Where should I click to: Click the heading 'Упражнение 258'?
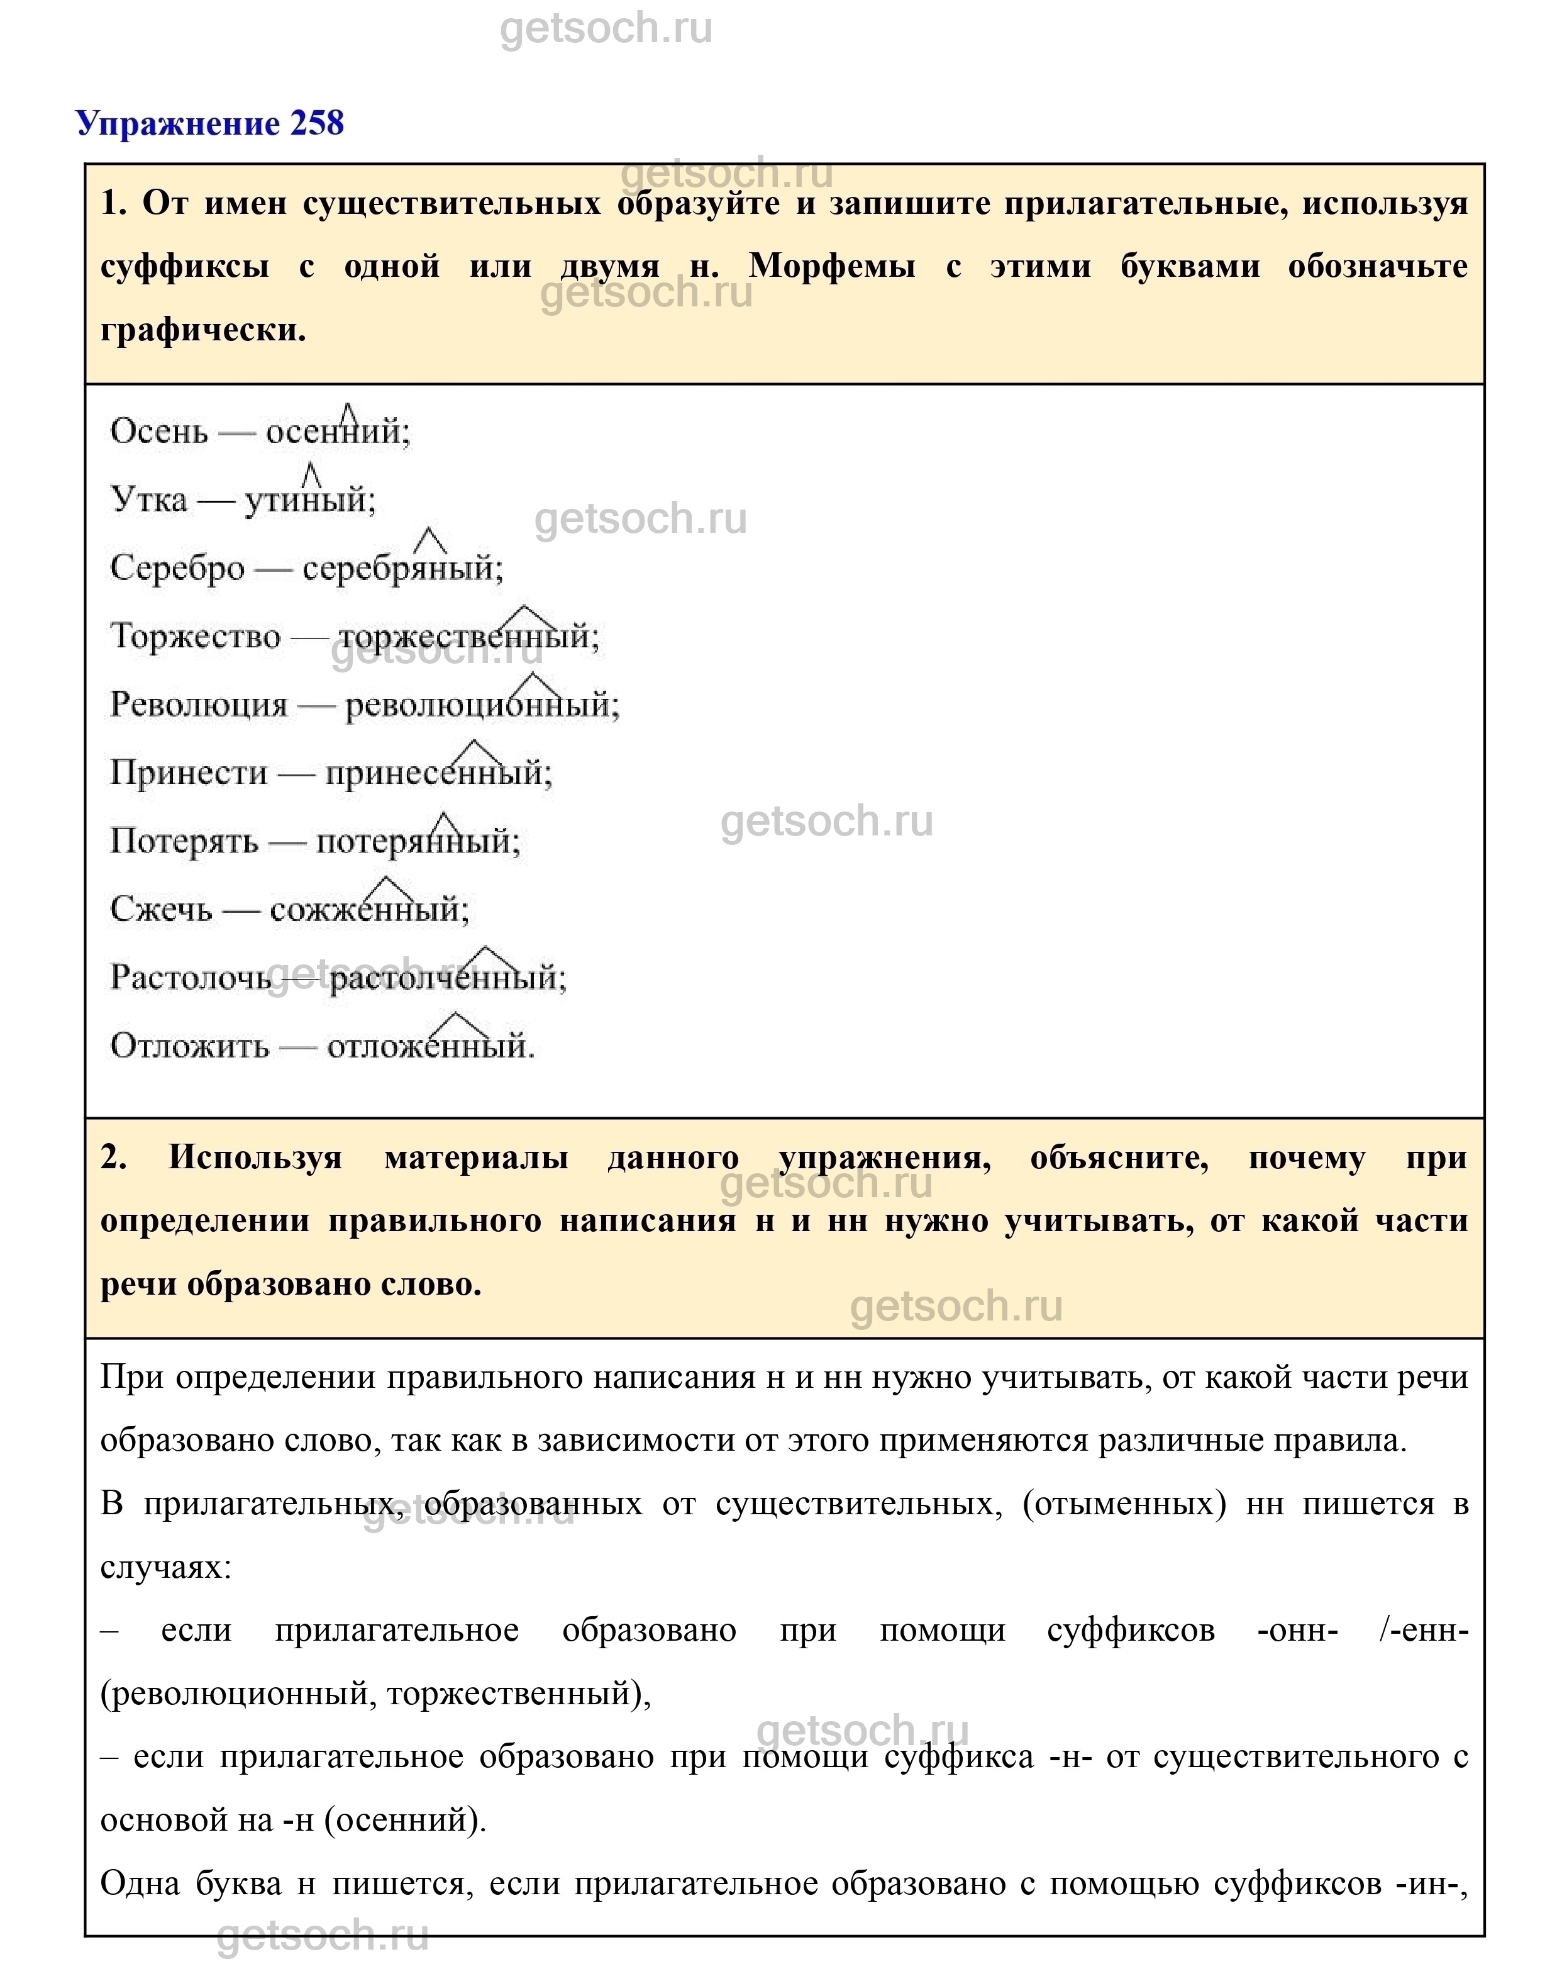point(209,123)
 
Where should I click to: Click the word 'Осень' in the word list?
point(159,431)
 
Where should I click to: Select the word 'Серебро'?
point(177,568)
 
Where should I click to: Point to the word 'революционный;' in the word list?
point(482,705)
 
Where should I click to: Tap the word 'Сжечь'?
point(161,909)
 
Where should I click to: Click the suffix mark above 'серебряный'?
point(430,542)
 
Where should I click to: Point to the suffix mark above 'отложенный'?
point(453,1024)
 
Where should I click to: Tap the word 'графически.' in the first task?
point(203,330)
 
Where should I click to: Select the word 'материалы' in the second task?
point(477,1158)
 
